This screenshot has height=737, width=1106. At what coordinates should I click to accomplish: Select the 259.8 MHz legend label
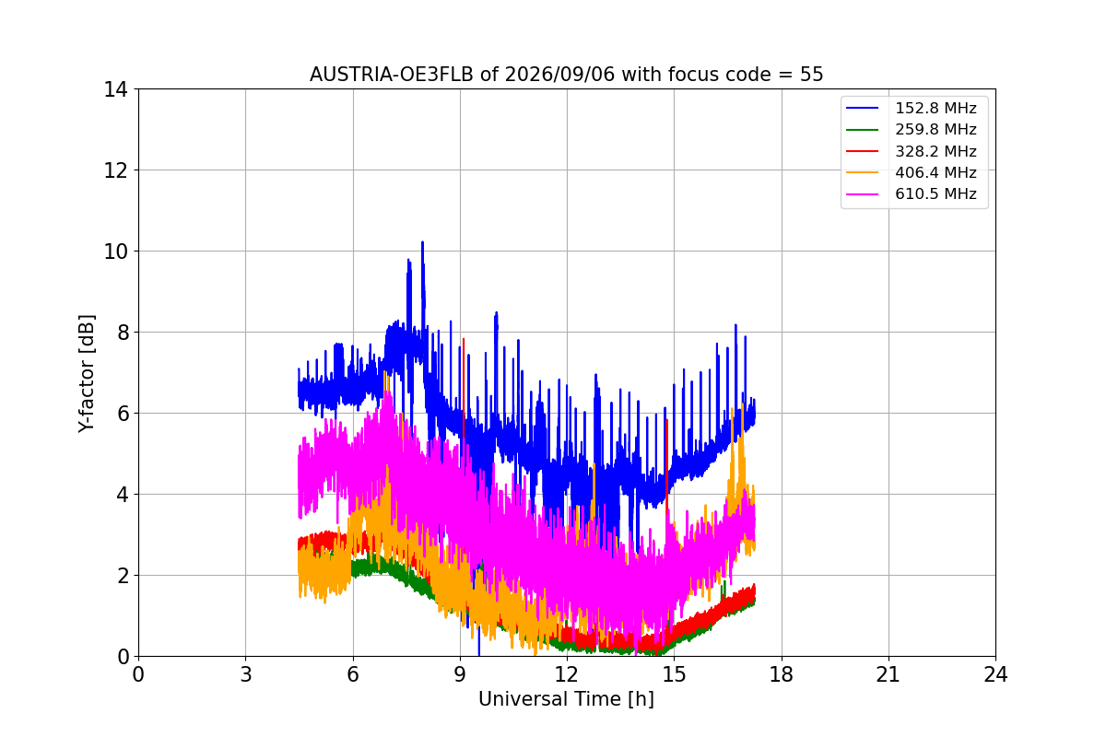[935, 129]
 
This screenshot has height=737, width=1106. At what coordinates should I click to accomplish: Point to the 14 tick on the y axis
[115, 90]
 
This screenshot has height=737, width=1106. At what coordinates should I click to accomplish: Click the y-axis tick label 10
[115, 252]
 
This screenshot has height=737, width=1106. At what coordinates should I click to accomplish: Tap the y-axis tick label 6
[123, 414]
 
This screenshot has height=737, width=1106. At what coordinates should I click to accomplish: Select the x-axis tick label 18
[782, 674]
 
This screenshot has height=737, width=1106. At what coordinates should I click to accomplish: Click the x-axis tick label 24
[995, 674]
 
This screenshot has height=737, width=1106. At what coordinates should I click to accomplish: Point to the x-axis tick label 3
[246, 674]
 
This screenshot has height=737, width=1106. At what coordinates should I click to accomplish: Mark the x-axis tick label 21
[888, 674]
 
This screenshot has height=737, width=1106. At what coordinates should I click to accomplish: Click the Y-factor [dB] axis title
[86, 374]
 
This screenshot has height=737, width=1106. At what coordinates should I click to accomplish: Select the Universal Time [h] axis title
[566, 699]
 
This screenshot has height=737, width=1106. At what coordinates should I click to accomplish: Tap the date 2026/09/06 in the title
[560, 75]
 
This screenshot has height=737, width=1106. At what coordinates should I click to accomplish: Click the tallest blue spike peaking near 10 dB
[423, 242]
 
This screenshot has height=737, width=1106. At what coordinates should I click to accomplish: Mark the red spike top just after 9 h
[464, 339]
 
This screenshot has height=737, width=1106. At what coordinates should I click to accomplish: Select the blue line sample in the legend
[862, 108]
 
